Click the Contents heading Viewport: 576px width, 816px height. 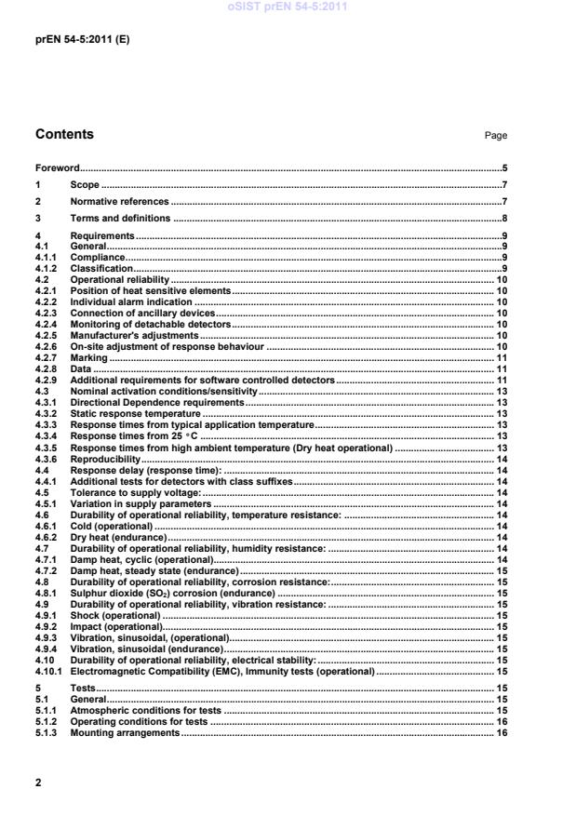[x=64, y=135]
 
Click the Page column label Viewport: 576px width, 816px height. [x=496, y=136]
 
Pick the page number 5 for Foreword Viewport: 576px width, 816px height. [x=503, y=168]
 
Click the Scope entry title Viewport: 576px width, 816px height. [x=85, y=185]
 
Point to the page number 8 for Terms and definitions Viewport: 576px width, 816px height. [x=503, y=219]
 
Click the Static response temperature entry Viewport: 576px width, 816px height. [x=126, y=413]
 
